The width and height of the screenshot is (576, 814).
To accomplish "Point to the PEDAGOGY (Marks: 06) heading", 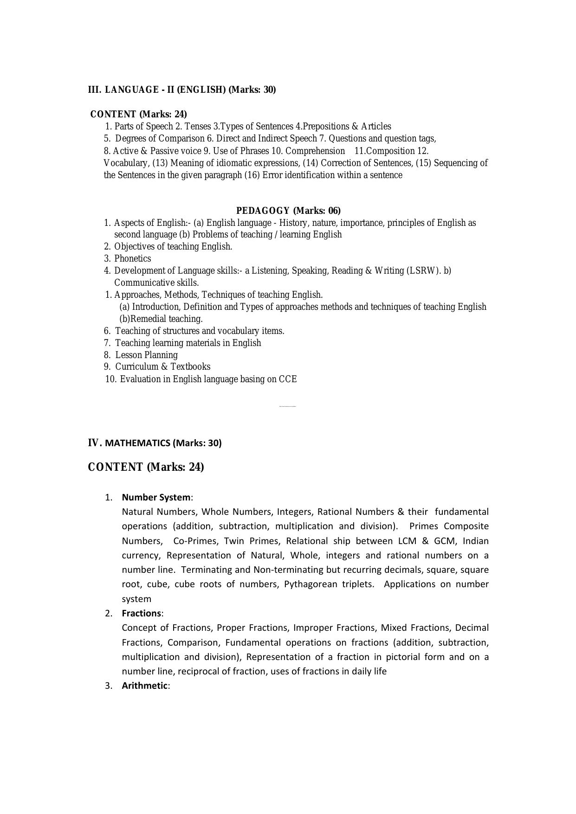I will click(x=288, y=211).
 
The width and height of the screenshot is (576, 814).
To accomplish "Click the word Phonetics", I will click(x=132, y=258).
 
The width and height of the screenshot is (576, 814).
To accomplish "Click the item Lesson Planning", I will click(x=146, y=355).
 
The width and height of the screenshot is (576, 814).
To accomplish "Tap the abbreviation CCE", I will click(x=287, y=379).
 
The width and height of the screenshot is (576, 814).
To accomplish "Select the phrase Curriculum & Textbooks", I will click(x=162, y=366).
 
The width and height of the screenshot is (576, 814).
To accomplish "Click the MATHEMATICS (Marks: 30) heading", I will click(x=163, y=443).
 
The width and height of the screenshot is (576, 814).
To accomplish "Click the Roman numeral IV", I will click(x=95, y=442).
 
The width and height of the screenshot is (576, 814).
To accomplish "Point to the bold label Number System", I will click(x=156, y=497).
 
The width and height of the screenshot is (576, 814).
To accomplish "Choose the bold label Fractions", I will click(x=141, y=613).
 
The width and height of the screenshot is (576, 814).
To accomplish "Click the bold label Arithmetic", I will click(x=144, y=686).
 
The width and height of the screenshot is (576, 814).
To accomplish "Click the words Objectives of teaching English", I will click(x=173, y=246).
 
